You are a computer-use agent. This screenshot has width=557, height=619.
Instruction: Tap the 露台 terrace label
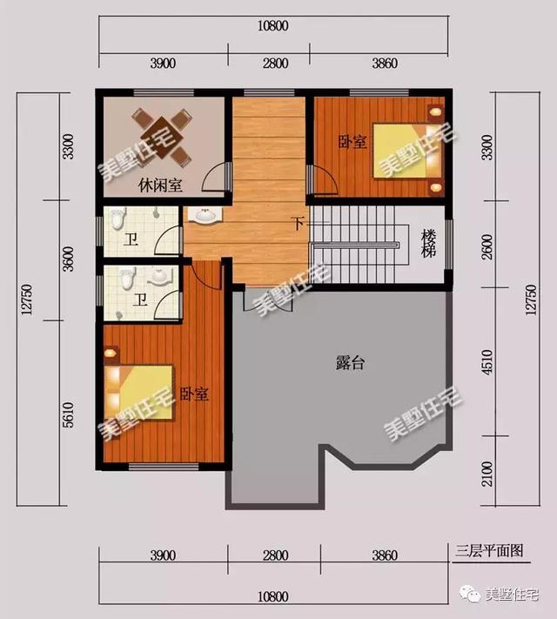coord(350,363)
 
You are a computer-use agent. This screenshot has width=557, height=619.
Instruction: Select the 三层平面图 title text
coord(488,550)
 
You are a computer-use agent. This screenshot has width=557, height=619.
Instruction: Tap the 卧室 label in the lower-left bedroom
coord(194,394)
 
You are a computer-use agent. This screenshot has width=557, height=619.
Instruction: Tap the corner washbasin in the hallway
coord(203,216)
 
